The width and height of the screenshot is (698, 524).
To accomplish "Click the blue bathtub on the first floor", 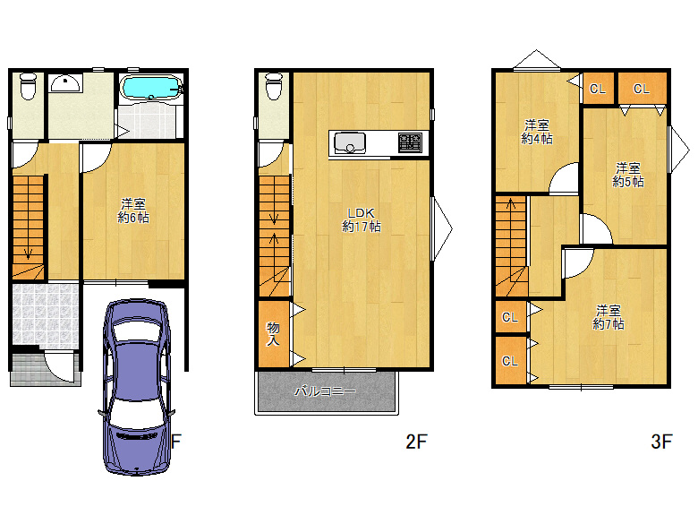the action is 151,87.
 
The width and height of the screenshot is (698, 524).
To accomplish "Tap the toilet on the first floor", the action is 28,86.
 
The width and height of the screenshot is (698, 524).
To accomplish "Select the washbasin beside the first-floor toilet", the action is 65,83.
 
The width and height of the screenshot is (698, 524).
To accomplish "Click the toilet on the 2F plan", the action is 274,86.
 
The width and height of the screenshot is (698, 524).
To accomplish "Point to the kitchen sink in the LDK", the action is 350,143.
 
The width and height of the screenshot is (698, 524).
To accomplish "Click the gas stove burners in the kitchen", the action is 410,143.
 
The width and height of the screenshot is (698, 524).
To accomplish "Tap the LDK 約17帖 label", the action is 361,219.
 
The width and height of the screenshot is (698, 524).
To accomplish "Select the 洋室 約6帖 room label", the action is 133,210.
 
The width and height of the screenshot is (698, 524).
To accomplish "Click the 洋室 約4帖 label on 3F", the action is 536,132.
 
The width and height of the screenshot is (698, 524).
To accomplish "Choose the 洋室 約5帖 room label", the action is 627,175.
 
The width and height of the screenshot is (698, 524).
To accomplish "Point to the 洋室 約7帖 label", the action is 609,317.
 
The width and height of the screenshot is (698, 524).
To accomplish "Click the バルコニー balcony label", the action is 325,391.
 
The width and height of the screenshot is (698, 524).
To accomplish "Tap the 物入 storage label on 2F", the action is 273,334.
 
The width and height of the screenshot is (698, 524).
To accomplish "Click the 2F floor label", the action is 416,442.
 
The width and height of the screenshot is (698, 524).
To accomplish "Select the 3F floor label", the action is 661,442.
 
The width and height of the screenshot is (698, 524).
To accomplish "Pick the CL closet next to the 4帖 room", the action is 598,89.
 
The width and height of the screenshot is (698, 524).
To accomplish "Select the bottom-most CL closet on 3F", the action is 511,360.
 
